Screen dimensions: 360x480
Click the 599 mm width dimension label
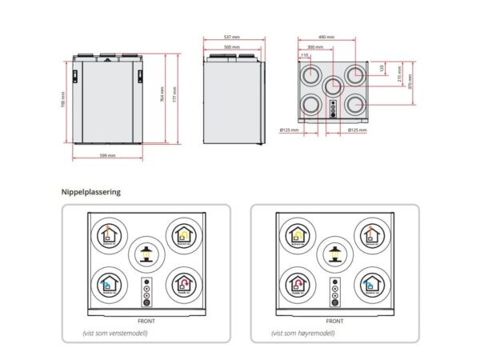tap(107, 154)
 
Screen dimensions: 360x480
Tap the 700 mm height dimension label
tap(62, 102)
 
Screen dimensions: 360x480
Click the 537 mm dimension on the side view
tap(233, 37)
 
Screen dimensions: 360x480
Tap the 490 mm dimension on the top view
tap(326, 37)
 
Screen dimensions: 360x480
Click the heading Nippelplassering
tap(90, 192)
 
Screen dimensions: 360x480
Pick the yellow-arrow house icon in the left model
tap(182, 234)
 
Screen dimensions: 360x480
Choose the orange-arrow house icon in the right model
tap(370, 234)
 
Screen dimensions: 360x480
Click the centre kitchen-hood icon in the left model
tap(146, 254)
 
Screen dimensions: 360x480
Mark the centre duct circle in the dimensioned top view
tap(333, 86)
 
